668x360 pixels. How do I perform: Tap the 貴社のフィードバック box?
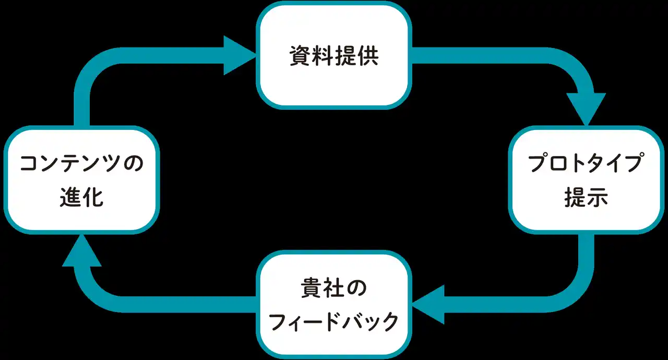(x=333, y=305)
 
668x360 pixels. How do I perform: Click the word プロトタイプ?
(x=586, y=164)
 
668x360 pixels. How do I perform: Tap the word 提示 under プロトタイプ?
(x=586, y=198)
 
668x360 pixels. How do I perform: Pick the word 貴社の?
(x=334, y=289)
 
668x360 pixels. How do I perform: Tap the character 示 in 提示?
(x=597, y=198)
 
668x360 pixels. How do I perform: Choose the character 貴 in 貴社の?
(x=312, y=289)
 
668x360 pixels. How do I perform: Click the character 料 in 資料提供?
(x=323, y=56)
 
